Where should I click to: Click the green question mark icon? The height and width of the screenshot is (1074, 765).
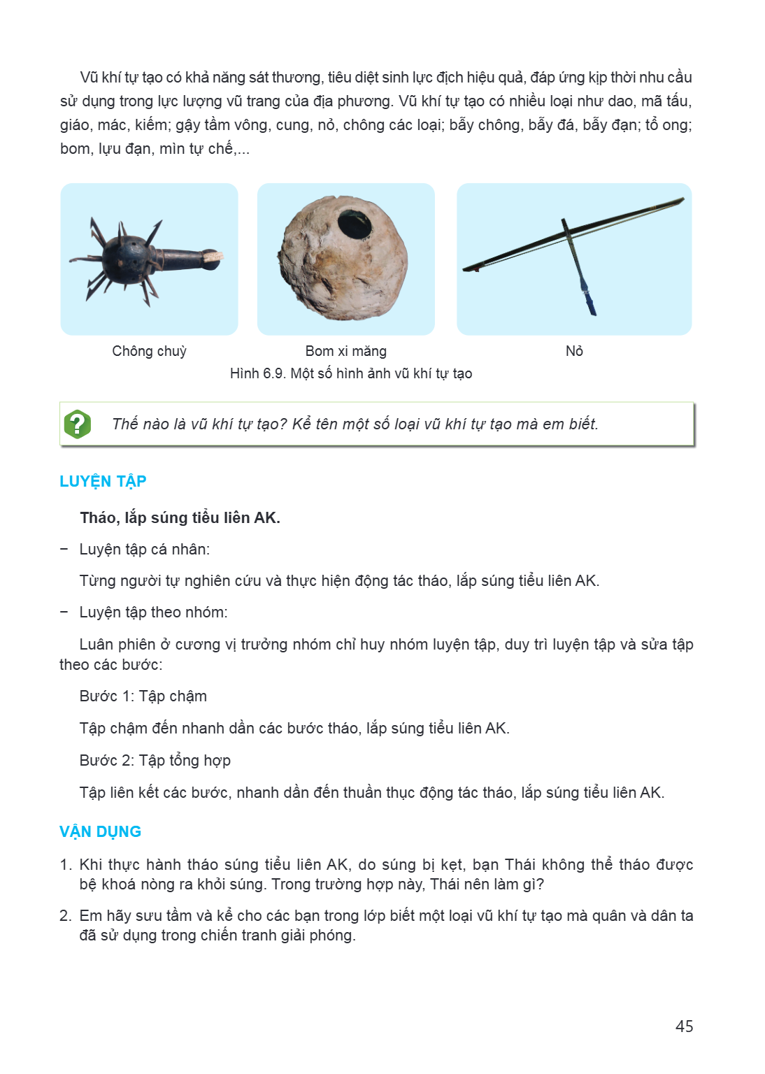click(77, 424)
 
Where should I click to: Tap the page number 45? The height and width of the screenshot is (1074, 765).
click(684, 1026)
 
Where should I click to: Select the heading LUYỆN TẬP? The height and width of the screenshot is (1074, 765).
click(103, 481)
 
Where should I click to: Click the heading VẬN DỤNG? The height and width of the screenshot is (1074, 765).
click(100, 831)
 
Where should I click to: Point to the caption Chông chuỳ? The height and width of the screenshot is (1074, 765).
click(149, 351)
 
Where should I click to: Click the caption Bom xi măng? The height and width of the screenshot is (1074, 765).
click(346, 351)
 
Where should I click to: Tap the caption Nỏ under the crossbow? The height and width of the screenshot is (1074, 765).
click(574, 351)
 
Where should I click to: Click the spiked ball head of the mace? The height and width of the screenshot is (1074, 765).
click(126, 259)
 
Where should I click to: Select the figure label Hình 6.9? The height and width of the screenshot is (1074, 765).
click(258, 373)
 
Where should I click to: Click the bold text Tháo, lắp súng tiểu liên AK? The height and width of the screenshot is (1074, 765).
click(180, 518)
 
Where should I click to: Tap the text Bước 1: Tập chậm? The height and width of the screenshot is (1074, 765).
click(143, 696)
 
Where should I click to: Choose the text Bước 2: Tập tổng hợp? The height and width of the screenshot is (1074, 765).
click(155, 761)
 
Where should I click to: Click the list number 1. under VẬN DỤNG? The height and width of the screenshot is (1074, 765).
click(66, 864)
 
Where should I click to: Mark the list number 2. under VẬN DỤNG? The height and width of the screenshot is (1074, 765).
click(66, 916)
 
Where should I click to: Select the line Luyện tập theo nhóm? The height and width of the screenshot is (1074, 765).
click(153, 613)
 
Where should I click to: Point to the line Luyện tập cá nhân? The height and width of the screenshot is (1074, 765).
click(144, 549)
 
